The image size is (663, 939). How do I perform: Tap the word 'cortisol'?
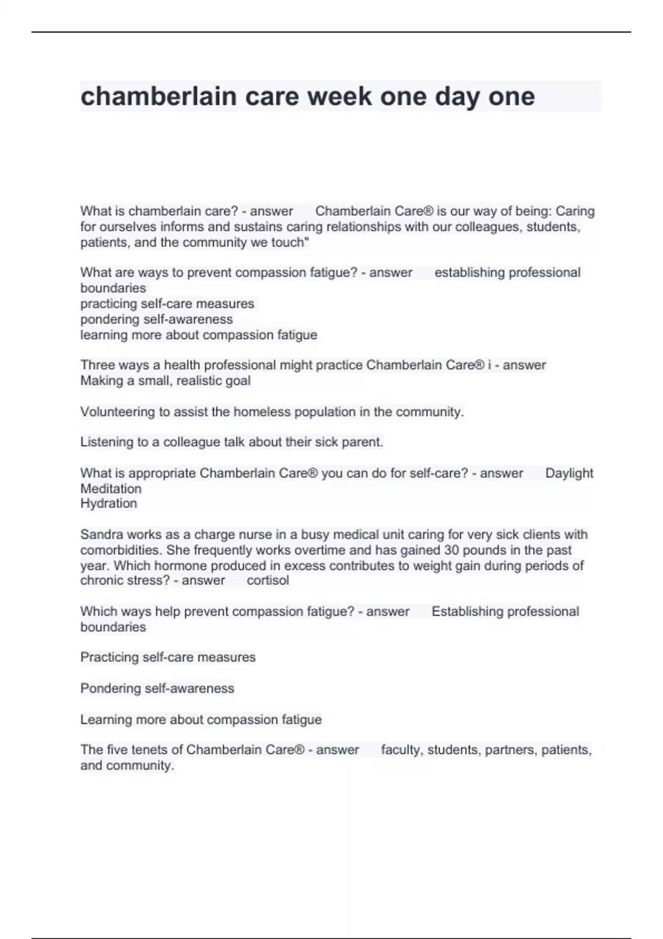coord(267,581)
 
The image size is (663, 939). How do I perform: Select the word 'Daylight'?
coord(569,473)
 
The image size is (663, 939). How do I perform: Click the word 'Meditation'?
coord(111,489)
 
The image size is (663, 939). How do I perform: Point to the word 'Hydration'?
coord(109,504)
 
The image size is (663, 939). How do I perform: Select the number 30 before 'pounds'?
coord(452,550)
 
